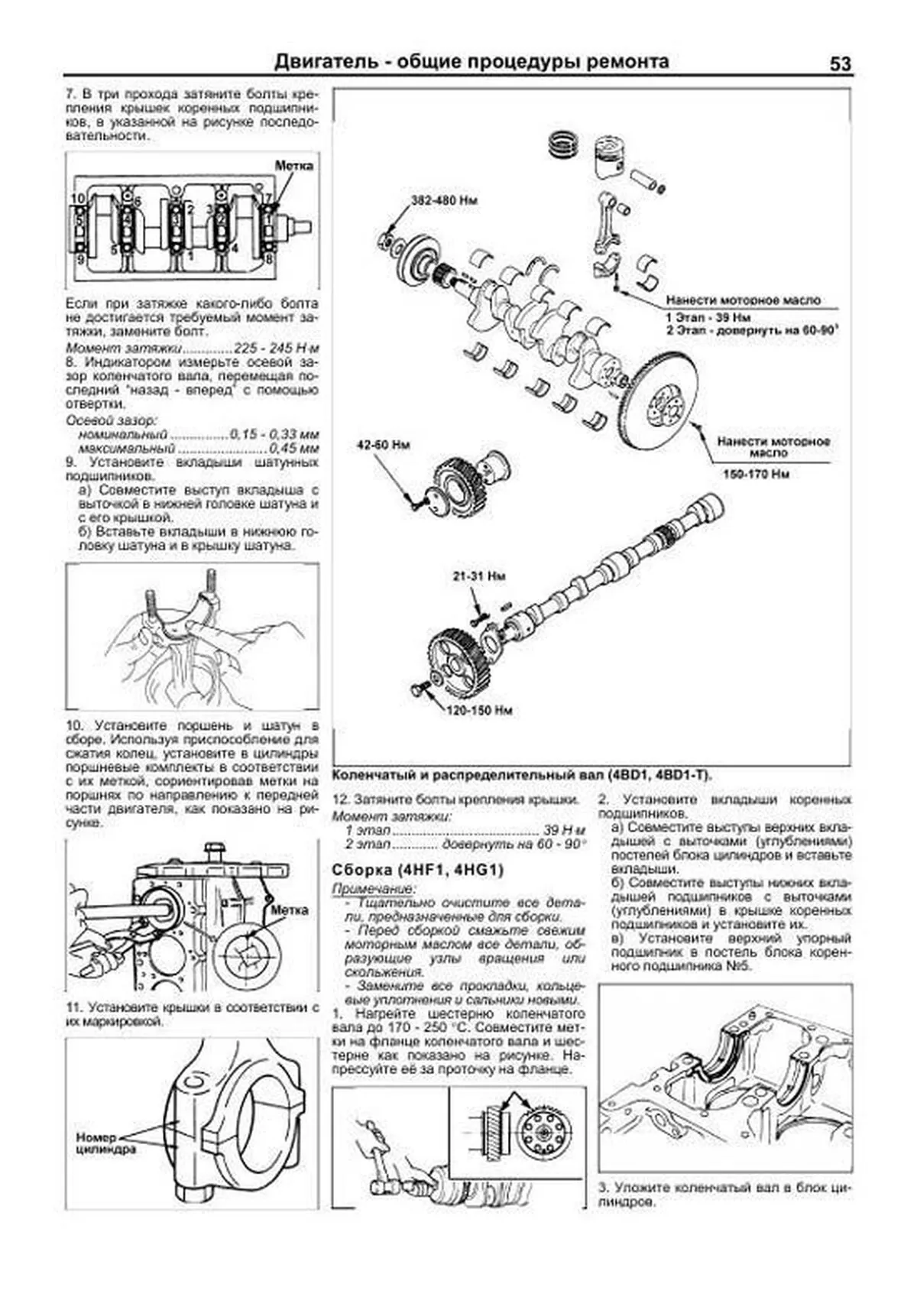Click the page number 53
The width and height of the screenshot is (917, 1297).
tap(840, 64)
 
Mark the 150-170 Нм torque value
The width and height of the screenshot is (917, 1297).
tap(756, 474)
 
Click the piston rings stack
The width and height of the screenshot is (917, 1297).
tap(566, 144)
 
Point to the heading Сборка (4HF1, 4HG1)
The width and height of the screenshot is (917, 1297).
tap(417, 870)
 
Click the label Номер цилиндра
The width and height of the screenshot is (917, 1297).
tap(105, 1143)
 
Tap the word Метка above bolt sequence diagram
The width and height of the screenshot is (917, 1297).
tap(293, 165)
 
